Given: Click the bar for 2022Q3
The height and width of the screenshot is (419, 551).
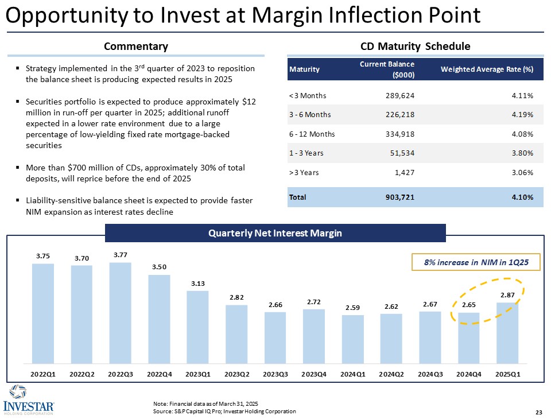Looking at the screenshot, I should point(121,313).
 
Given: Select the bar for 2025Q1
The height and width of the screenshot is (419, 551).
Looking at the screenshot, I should point(507,333).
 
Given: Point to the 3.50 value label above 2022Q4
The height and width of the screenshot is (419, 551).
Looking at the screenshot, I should point(160,267).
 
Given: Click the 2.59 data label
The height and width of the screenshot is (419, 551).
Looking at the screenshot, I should point(352,308).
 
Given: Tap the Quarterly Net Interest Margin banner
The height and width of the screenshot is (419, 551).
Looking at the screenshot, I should point(275,233).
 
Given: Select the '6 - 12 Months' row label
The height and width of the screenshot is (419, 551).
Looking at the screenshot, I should point(311,134).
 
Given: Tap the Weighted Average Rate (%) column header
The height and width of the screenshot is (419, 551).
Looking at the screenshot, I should point(487,69).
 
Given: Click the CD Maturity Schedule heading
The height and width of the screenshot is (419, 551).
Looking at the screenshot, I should point(415,46).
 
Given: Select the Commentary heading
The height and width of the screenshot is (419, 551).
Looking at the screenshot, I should point(136,46).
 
